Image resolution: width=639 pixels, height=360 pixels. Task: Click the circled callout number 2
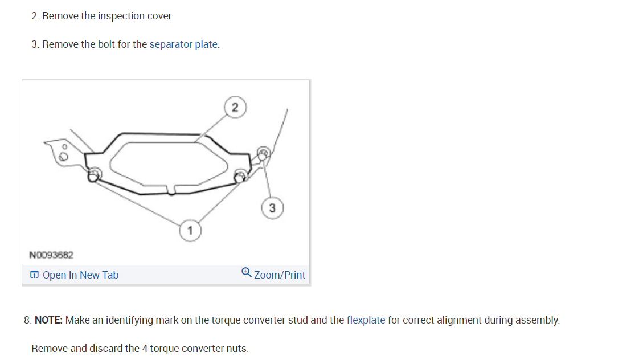point(235,107)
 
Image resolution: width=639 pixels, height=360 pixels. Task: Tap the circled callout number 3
point(272,208)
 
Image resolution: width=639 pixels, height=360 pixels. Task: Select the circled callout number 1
point(190,231)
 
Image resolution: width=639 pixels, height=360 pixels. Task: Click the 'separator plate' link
point(183,44)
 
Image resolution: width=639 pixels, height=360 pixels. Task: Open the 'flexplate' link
point(366,320)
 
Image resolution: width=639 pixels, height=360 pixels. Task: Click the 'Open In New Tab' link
point(80,275)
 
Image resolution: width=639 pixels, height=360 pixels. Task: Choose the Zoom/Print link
point(280,275)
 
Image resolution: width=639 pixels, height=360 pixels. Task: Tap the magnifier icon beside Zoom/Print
point(246,273)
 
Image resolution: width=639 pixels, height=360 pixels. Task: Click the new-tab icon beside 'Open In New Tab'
point(35,275)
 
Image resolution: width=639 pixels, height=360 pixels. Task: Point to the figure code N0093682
point(51,255)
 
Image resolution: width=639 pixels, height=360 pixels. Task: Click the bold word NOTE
point(48,320)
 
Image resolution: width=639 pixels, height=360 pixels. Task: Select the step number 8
point(27,320)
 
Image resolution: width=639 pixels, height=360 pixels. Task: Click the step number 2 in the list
point(35,16)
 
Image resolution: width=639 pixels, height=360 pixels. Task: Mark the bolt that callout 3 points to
point(263,153)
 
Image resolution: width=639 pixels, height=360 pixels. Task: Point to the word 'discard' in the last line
point(105,349)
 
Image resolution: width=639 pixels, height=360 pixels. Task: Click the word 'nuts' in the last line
point(237,349)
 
